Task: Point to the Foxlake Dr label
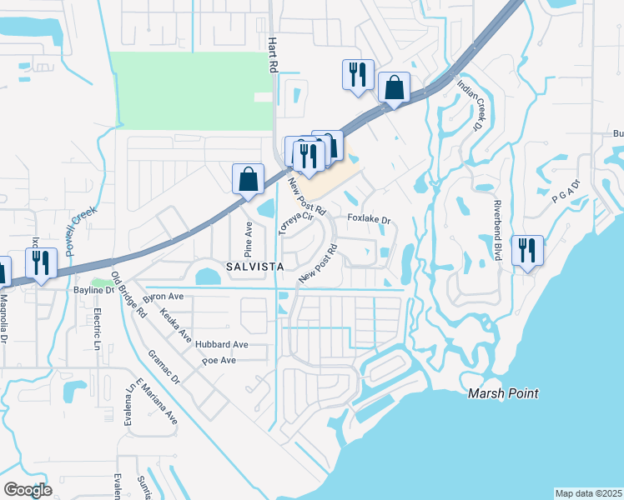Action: pyautogui.click(x=369, y=220)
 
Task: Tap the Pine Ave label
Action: pyautogui.click(x=248, y=238)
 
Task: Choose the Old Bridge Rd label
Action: pyautogui.click(x=128, y=296)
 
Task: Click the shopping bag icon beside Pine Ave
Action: pyautogui.click(x=249, y=178)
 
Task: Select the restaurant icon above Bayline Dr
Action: pyautogui.click(x=41, y=262)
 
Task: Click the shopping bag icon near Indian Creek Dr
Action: pyautogui.click(x=394, y=87)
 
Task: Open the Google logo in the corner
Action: pyautogui.click(x=28, y=490)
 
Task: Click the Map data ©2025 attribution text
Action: pyautogui.click(x=588, y=493)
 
